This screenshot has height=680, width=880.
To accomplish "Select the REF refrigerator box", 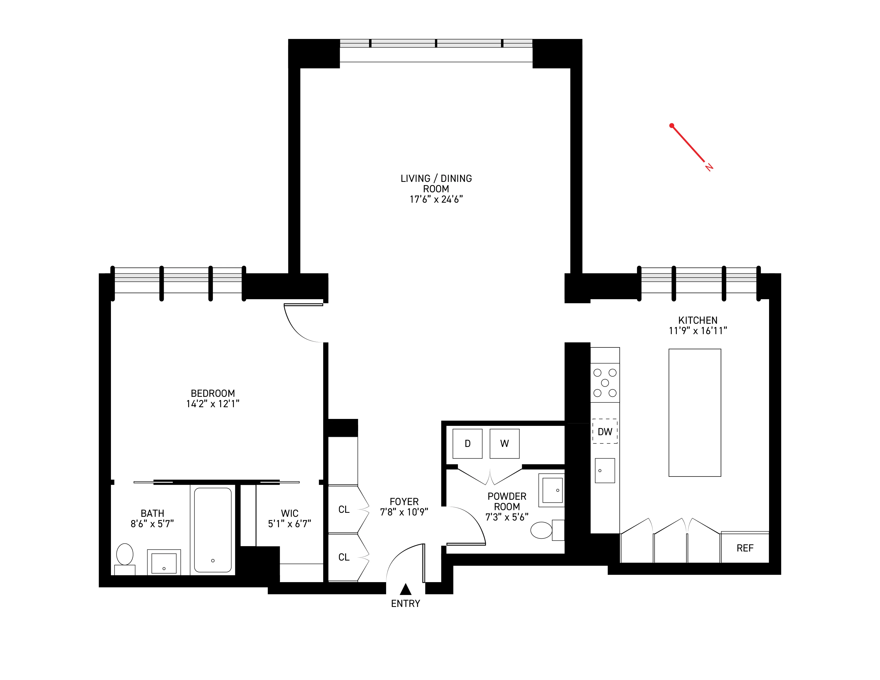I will tap(745, 548).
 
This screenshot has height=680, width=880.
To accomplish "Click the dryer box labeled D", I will tap(467, 443).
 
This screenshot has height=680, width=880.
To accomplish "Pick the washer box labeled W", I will tap(505, 443).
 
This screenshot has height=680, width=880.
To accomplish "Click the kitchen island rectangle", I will tap(695, 413).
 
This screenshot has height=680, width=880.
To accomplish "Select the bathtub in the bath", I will tap(213, 530).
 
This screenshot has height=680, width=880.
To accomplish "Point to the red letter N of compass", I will tap(709, 167).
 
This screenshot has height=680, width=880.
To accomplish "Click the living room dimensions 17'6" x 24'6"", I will tap(436, 199).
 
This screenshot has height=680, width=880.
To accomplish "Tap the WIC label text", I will tap(289, 513).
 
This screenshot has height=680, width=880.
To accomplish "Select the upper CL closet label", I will tap(344, 510).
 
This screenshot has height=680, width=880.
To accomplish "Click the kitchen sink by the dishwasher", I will tap(605, 470).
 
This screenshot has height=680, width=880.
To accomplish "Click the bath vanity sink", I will tap(163, 563).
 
